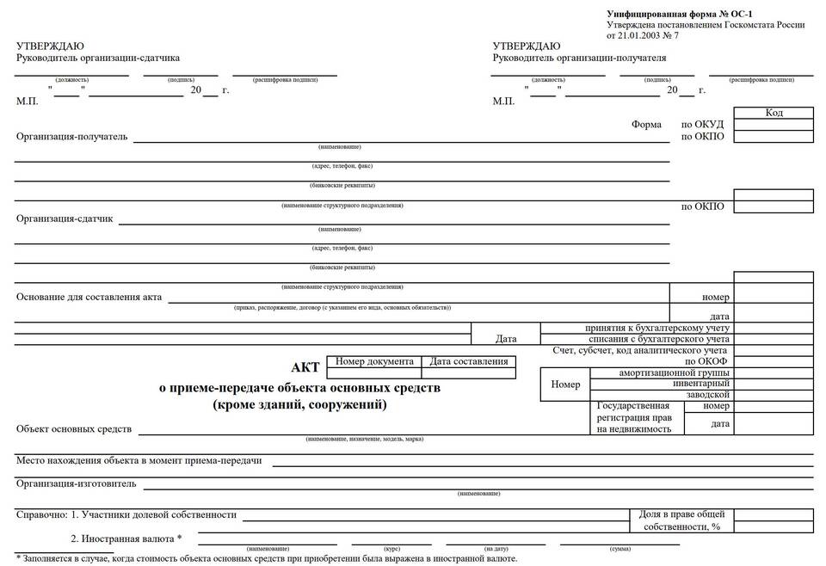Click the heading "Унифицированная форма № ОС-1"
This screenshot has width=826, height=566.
click(x=673, y=14)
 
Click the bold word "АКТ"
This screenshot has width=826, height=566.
click(x=305, y=368)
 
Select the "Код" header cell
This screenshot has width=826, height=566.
click(x=774, y=113)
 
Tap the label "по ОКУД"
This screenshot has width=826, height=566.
click(x=703, y=125)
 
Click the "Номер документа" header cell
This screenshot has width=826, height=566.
click(x=375, y=362)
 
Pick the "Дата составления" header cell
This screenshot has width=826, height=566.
click(x=469, y=362)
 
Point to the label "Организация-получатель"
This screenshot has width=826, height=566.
click(x=72, y=136)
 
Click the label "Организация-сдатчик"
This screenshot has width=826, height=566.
click(x=65, y=218)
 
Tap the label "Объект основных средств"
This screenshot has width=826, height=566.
click(x=74, y=428)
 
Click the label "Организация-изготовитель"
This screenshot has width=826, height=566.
click(x=77, y=483)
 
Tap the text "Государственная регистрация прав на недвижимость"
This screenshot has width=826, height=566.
click(x=633, y=417)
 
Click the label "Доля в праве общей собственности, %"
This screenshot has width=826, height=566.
click(x=681, y=520)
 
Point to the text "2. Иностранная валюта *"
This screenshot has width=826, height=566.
click(x=126, y=539)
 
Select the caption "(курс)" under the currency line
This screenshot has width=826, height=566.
click(x=392, y=548)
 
